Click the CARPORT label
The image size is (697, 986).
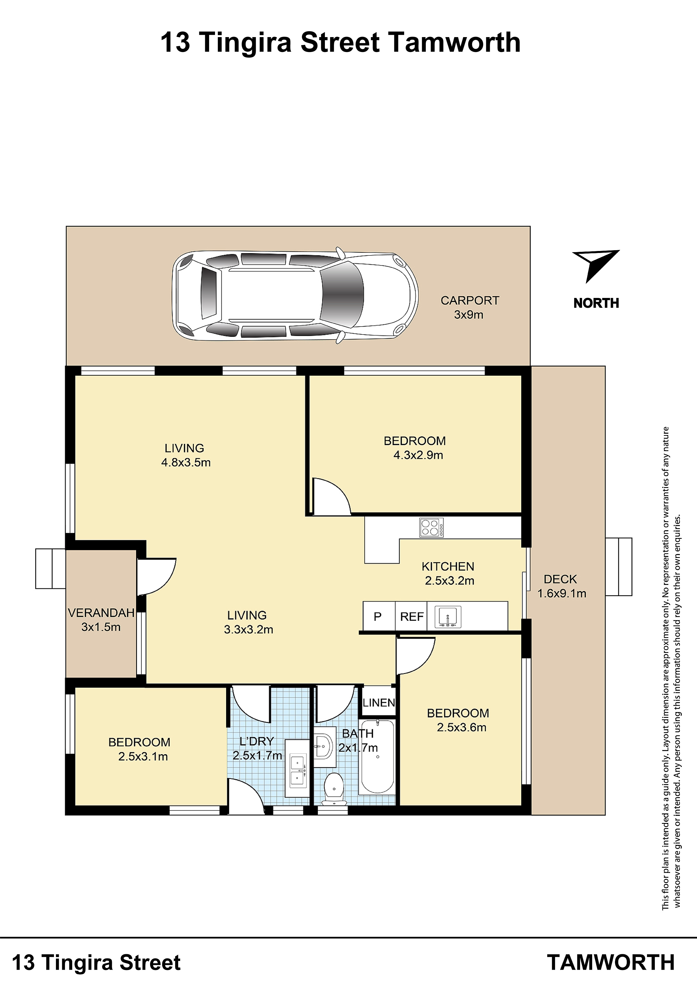[x=470, y=301]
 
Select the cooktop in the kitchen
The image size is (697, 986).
[x=431, y=528]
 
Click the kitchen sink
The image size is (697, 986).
[x=448, y=617]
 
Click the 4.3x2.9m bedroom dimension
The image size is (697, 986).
[x=418, y=455]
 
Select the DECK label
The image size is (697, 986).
[x=560, y=579]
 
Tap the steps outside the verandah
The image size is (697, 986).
[x=50, y=569]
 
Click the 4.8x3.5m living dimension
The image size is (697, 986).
[x=186, y=463]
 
